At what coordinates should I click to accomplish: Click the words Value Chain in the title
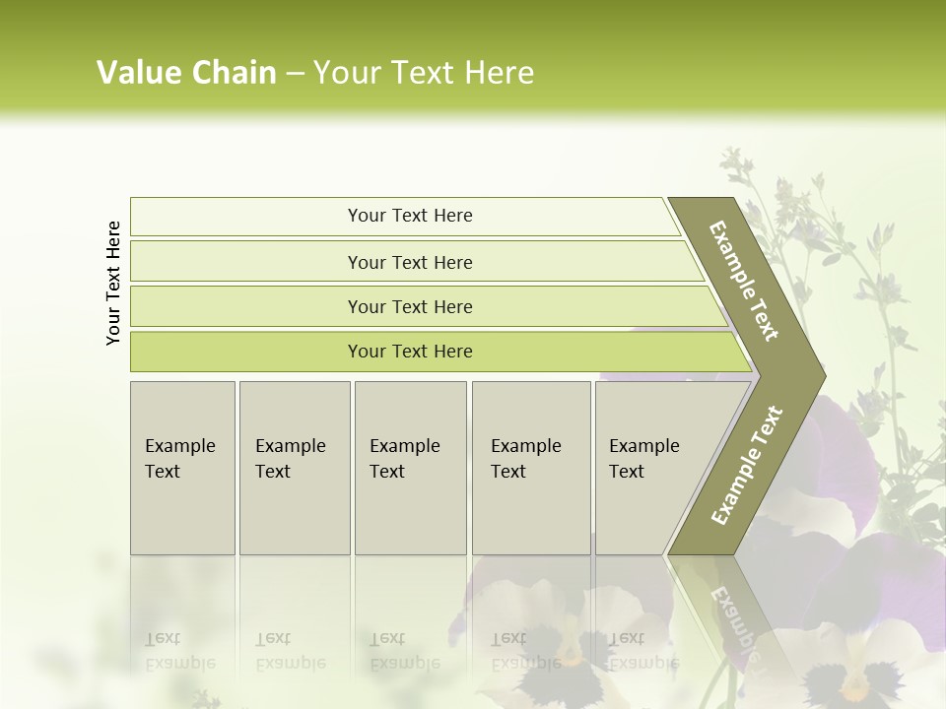coord(186,73)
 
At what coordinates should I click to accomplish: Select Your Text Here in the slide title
coord(424,73)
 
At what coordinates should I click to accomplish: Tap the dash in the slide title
coord(295,74)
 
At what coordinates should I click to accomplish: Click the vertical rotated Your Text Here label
coord(113,283)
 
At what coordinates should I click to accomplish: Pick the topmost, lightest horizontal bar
coord(409,216)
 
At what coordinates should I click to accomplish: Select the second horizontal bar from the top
coord(409,262)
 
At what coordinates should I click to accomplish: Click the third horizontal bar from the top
coord(409,306)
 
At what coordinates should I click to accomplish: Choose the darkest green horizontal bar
coord(409,352)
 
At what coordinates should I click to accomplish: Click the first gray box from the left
coord(182,468)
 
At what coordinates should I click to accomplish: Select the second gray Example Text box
coord(294,468)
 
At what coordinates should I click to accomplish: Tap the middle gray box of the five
coord(410,468)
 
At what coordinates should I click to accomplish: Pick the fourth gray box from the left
coord(530,468)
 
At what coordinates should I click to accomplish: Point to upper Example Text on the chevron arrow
coord(744,281)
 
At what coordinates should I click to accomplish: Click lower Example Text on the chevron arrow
coord(746,465)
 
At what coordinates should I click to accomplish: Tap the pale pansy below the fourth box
coord(552,630)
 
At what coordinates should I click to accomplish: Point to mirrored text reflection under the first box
coord(179,651)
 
